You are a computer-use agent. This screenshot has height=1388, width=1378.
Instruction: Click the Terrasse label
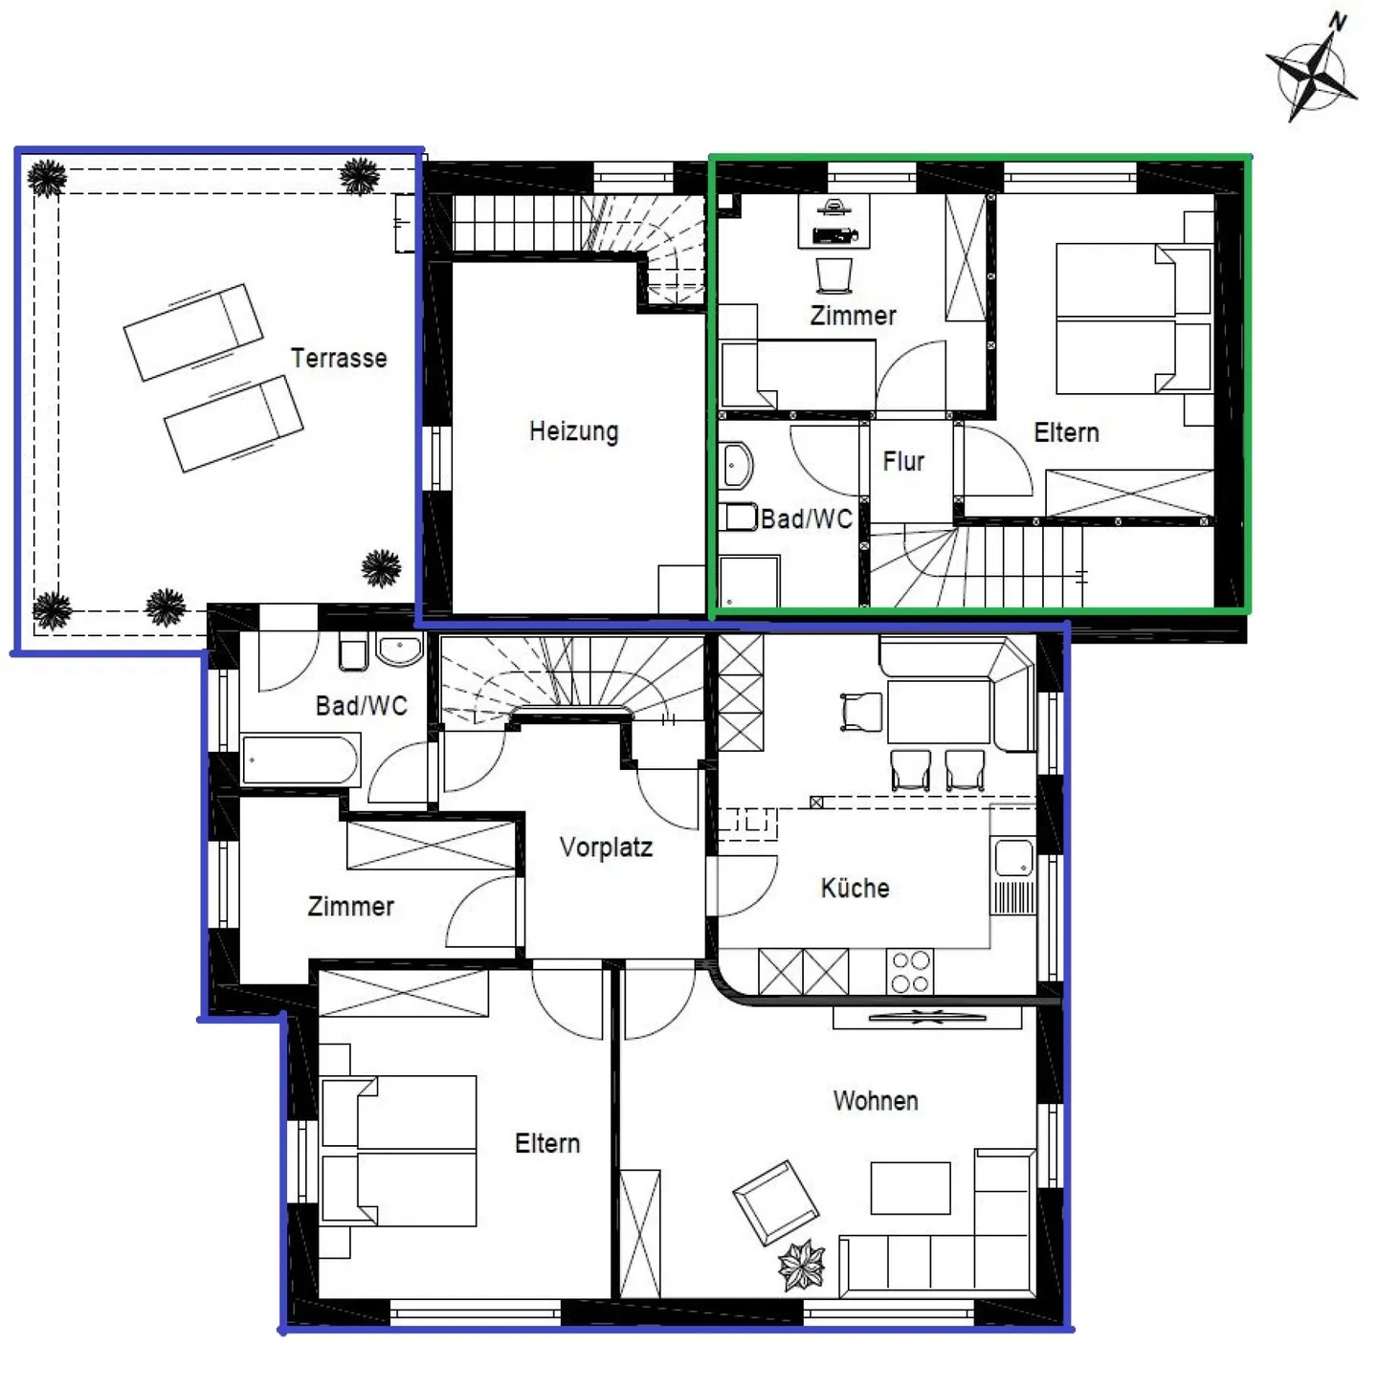[x=339, y=358]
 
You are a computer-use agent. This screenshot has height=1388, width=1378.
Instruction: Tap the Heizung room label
[x=573, y=431]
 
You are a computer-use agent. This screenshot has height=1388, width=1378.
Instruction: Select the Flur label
[x=903, y=461]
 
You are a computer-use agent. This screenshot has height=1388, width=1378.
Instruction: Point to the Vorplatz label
[x=606, y=848]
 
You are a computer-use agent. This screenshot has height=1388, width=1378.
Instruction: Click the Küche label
[x=855, y=888]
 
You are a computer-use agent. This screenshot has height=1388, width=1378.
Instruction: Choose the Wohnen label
[x=876, y=1101]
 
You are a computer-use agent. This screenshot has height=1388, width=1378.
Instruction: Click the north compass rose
[x=1313, y=71]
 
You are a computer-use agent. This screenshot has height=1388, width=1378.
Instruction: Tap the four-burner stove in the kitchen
[x=909, y=972]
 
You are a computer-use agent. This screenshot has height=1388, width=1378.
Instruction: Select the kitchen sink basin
[x=1013, y=859]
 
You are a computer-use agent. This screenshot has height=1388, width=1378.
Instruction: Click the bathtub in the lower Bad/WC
[x=300, y=760]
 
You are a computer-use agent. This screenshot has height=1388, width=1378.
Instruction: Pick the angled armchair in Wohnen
[x=775, y=1202]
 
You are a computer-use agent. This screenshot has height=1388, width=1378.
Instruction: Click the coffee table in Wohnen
[x=910, y=1188]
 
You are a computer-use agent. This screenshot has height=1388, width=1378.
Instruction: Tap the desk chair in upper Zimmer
[x=833, y=275]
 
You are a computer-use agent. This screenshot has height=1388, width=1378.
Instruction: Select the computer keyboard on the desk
[x=834, y=234]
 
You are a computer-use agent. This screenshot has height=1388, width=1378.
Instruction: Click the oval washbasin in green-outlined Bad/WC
[x=737, y=465]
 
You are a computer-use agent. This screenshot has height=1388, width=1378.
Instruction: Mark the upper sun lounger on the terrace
[x=193, y=332]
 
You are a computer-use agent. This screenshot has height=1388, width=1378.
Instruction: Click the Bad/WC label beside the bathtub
[x=361, y=705]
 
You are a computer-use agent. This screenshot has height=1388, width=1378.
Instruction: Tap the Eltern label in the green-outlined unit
[x=1066, y=432]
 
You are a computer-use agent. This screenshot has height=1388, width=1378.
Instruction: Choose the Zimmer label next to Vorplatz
[x=350, y=906]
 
